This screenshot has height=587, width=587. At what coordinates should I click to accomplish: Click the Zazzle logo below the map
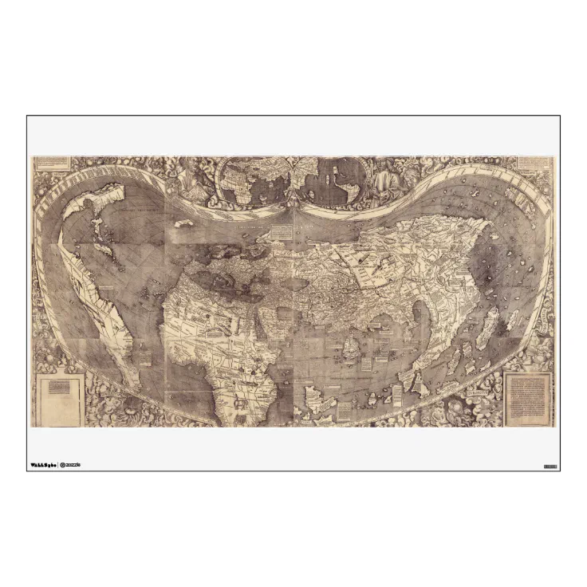(71, 465)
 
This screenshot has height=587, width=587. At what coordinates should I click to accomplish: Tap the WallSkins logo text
(43, 465)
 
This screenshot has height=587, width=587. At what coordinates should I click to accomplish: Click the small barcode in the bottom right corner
(550, 466)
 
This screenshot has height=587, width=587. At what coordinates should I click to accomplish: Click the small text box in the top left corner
(52, 163)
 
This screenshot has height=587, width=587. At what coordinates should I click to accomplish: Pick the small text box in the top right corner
(534, 162)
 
